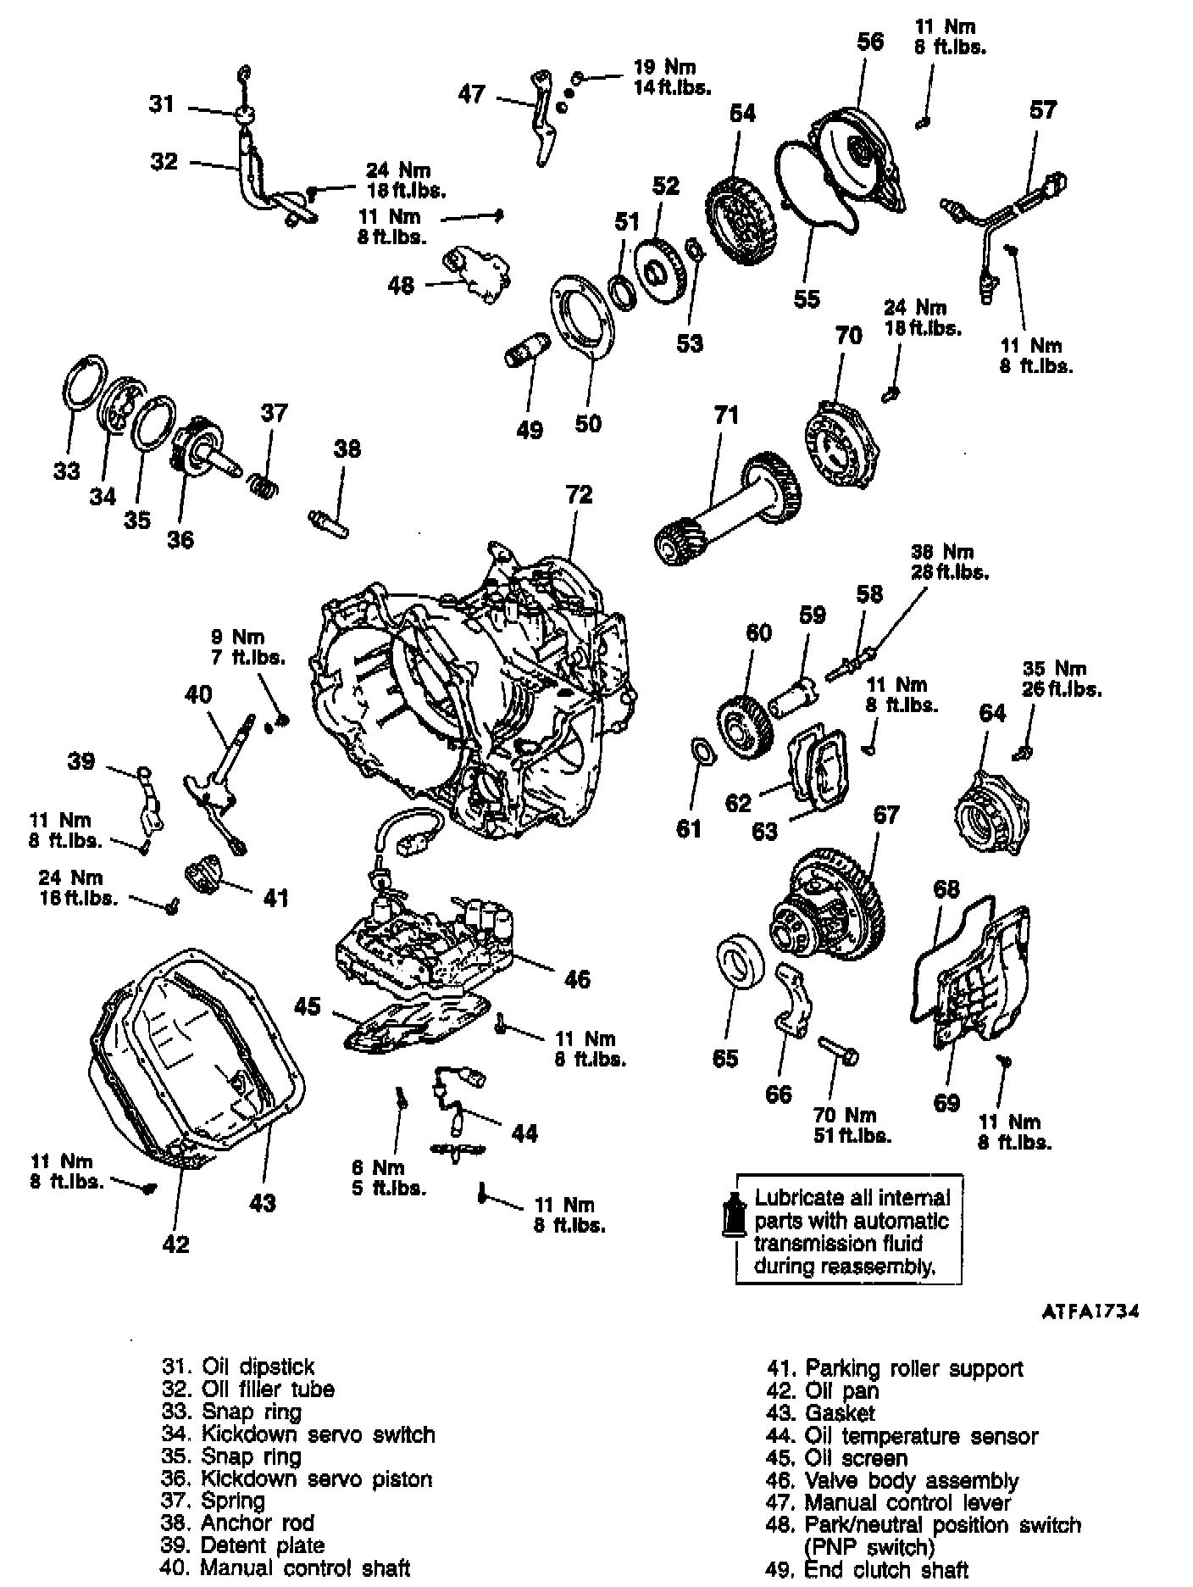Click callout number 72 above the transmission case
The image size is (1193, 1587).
(579, 494)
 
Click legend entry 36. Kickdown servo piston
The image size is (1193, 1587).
(297, 1478)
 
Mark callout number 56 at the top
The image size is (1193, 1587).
(870, 42)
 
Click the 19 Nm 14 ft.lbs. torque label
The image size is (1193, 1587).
(673, 76)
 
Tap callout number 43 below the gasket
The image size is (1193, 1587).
(264, 1202)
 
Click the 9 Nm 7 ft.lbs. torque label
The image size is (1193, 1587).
(248, 647)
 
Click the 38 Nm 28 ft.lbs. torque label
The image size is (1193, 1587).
(949, 561)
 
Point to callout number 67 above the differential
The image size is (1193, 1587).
(885, 815)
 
